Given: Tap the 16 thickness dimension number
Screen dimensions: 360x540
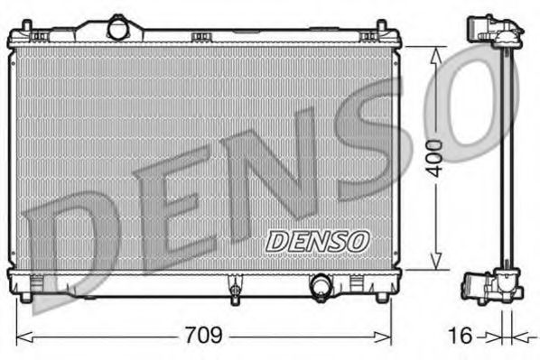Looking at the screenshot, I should [x=461, y=335].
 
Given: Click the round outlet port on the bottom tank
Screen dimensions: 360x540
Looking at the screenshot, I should [x=321, y=287].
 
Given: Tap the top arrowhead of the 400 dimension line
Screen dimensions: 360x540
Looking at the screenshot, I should [x=437, y=52].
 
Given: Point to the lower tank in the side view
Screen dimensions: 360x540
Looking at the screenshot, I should [x=492, y=287].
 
